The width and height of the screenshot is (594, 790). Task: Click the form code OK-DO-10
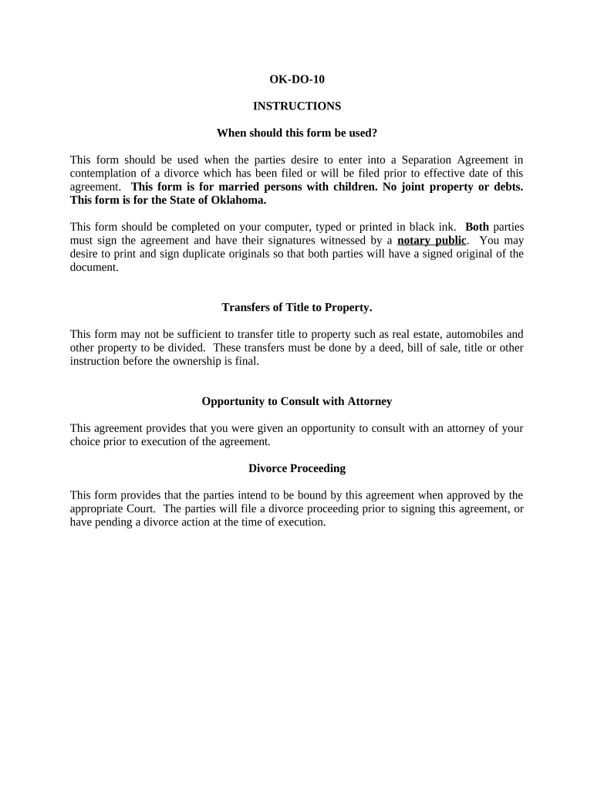297,79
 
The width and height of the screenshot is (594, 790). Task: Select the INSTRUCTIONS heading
297,106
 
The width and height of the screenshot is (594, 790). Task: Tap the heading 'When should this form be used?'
297,133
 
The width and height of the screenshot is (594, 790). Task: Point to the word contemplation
103,174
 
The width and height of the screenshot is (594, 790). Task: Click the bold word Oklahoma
237,200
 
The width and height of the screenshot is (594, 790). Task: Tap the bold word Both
477,227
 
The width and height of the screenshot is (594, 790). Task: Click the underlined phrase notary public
432,240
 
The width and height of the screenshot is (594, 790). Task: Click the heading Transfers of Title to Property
297,307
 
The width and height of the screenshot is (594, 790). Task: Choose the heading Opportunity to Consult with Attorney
297,401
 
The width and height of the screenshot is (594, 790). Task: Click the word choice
86,441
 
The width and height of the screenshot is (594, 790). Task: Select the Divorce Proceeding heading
297,468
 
